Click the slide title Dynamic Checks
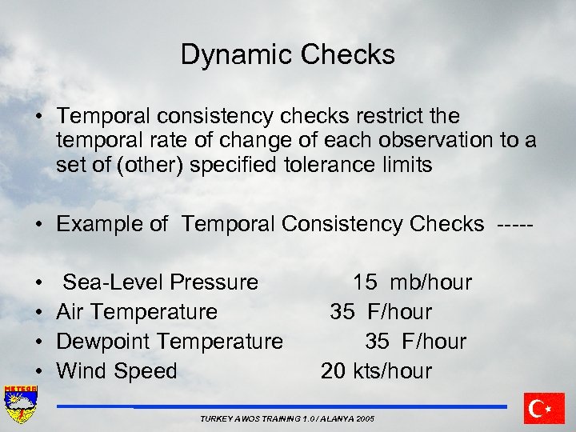point(287,54)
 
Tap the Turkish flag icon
point(544,408)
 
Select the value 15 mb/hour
point(412,282)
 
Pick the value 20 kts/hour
point(376,371)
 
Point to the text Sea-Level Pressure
point(160,282)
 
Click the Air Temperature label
point(137,312)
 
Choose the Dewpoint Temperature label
point(170,342)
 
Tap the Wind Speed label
point(117,371)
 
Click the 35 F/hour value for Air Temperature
point(381,312)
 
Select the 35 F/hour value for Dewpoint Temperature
point(415,342)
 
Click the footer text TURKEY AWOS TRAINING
point(286,419)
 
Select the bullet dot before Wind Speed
point(40,372)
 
